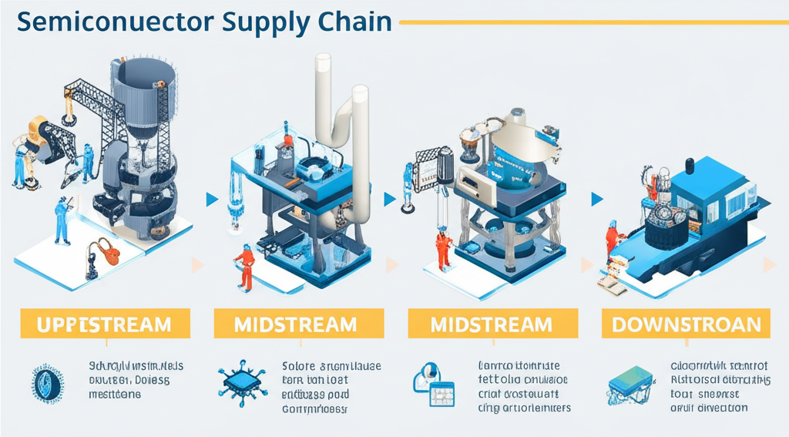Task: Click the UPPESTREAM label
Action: (x=104, y=324)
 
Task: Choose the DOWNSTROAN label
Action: (x=686, y=324)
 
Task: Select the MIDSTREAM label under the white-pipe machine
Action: (x=297, y=324)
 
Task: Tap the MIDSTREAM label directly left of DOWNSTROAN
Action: (x=492, y=324)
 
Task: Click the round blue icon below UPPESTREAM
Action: (x=44, y=384)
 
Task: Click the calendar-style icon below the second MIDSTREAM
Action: (x=434, y=383)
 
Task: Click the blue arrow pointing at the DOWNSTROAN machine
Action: (x=596, y=200)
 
